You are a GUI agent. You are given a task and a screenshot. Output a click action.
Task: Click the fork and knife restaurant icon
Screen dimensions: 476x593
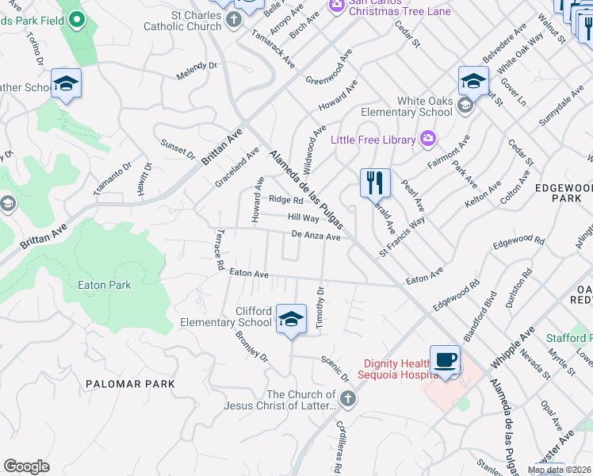(373, 182)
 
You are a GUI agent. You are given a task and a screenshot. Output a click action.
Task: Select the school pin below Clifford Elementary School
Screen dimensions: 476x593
(291, 319)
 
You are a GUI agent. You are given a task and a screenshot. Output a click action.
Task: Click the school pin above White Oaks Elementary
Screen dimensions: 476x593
(473, 80)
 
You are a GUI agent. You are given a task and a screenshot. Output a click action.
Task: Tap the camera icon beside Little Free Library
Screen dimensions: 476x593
(428, 140)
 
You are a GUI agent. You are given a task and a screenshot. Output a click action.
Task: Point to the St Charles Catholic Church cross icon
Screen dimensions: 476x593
(234, 19)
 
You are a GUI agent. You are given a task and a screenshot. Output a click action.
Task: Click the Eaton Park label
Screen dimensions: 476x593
(105, 284)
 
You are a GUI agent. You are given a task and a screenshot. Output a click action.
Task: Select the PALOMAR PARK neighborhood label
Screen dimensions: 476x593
(130, 384)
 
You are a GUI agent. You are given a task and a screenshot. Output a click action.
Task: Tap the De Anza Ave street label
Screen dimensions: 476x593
(316, 236)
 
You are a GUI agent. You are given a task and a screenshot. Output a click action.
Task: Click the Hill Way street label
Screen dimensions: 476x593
(303, 217)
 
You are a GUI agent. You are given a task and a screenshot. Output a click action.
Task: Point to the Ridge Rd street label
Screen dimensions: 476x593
(285, 200)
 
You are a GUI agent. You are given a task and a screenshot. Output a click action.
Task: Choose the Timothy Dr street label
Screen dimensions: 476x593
(320, 308)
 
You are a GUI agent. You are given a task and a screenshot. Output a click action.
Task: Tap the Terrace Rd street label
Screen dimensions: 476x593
(218, 250)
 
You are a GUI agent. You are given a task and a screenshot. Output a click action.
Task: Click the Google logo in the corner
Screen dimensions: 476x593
(26, 466)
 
